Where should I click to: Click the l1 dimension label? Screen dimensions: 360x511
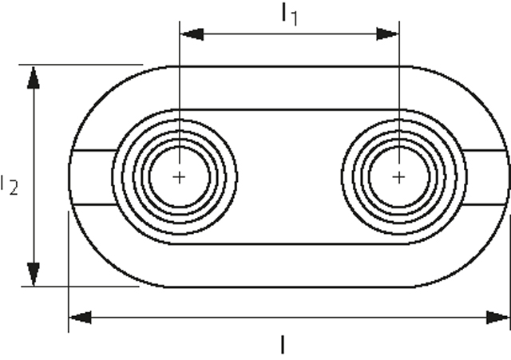coord(289,14)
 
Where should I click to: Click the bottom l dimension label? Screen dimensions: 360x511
coord(283,345)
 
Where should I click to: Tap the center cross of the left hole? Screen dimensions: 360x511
coord(180,176)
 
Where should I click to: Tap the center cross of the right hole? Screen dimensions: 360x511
coord(399,176)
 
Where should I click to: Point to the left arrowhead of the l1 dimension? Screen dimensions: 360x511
coord(191,34)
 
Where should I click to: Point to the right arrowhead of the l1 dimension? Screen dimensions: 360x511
coord(388,34)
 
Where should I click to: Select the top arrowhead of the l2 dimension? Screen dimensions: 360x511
coord(33,77)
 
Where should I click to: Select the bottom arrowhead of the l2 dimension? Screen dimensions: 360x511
coord(33,274)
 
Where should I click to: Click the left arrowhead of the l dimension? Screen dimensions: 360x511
coord(80,318)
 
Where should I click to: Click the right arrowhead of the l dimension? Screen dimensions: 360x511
coord(498,318)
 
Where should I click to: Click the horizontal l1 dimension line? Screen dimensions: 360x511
coord(289,34)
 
